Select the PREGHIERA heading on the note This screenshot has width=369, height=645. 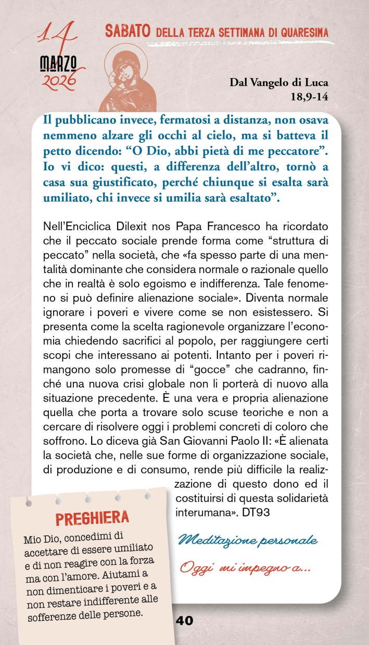pos(92,518)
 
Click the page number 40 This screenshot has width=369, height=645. pos(184,621)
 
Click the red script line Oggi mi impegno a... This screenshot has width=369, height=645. pos(245,566)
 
